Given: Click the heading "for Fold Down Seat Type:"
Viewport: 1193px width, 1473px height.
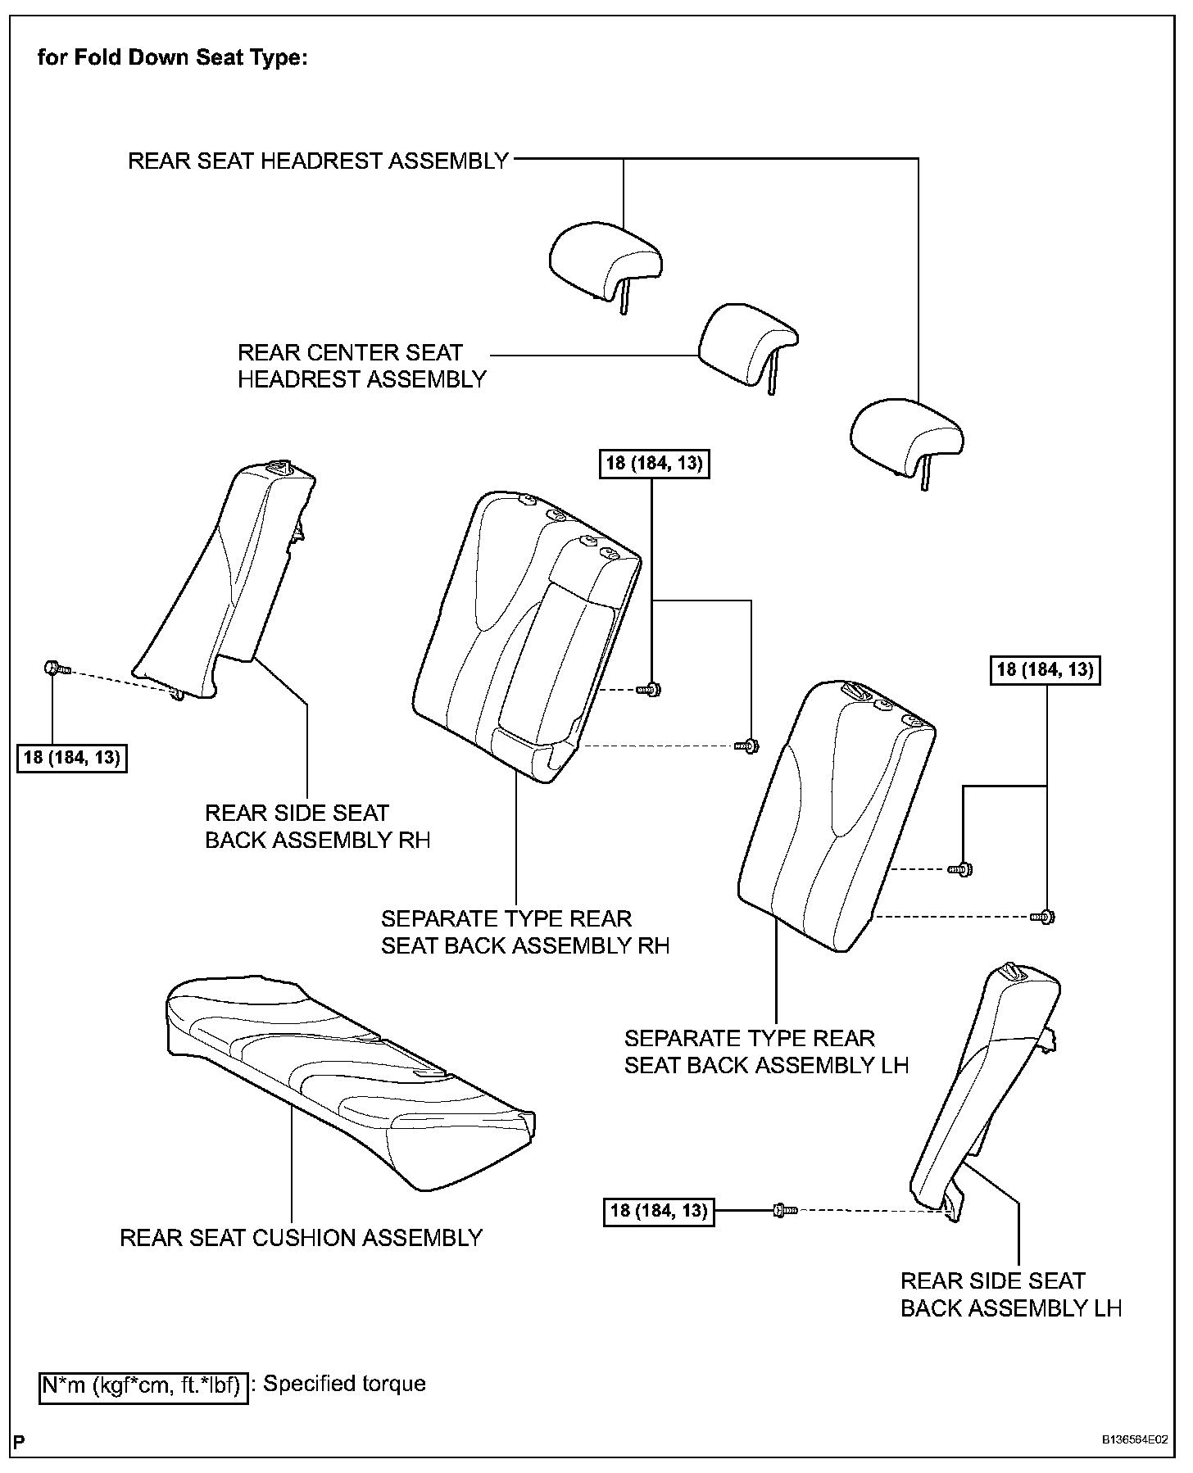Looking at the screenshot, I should tap(172, 59).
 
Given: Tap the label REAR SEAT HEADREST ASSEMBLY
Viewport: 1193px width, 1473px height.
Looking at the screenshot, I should tap(319, 161).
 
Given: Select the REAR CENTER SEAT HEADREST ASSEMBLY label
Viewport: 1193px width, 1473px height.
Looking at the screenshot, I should tap(361, 365).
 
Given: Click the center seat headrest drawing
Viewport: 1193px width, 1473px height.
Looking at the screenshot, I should tap(746, 344).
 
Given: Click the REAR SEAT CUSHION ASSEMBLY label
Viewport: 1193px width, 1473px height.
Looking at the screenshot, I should tap(301, 1237).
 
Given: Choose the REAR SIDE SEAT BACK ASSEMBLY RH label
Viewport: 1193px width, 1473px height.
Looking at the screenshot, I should tap(317, 826).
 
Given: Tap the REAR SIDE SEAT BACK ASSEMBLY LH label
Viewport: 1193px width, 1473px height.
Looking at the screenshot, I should tap(1010, 1294).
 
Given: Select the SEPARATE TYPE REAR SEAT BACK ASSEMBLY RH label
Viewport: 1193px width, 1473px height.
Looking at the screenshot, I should tap(524, 931).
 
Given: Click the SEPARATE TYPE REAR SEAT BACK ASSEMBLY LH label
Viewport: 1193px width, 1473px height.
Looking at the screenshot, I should tap(766, 1051).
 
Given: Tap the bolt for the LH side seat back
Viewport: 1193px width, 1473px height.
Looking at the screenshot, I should tap(783, 1209).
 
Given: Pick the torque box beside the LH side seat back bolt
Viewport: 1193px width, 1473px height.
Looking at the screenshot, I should tap(659, 1209).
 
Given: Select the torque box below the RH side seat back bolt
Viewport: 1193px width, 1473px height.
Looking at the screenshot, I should tap(72, 758).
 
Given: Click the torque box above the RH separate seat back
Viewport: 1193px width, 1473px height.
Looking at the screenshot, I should tap(654, 464).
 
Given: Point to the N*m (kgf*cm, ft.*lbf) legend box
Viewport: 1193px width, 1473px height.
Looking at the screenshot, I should tap(143, 1385).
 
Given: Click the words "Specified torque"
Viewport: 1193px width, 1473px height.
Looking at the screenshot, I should tap(344, 1384).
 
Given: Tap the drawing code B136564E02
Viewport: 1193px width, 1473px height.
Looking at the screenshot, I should tap(1134, 1439).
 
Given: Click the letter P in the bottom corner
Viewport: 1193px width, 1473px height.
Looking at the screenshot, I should tap(18, 1440).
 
